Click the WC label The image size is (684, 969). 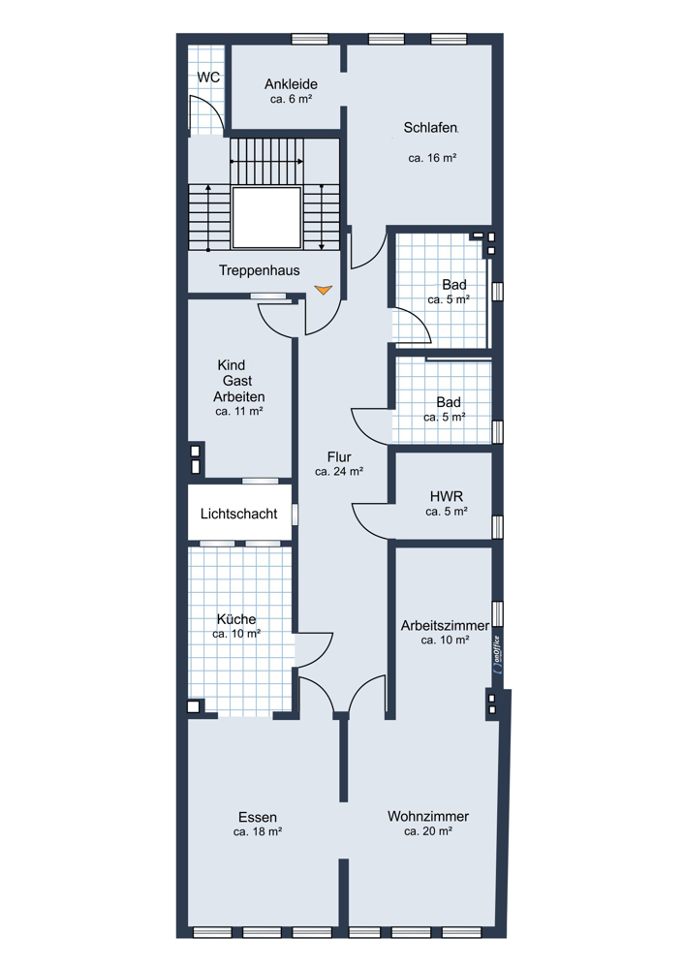tap(208, 78)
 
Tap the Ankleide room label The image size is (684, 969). tap(291, 84)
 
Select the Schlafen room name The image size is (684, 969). tap(431, 128)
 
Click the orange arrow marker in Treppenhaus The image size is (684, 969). tap(324, 290)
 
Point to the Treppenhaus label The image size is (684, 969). tap(259, 270)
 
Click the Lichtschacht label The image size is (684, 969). tap(239, 514)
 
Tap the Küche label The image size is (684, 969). tap(236, 619)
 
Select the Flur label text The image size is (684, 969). tap(339, 457)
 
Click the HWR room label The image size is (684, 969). tap(446, 497)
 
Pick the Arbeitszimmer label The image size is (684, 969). tap(445, 625)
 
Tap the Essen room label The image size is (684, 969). tap(258, 817)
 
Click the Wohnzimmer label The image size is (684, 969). tap(428, 816)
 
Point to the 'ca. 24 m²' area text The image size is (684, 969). tap(338, 472)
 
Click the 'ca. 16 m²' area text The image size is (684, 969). tap(432, 158)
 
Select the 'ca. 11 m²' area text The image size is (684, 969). tap(239, 411)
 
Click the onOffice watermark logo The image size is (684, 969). tap(497, 654)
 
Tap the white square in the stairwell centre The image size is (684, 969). tap(266, 217)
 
